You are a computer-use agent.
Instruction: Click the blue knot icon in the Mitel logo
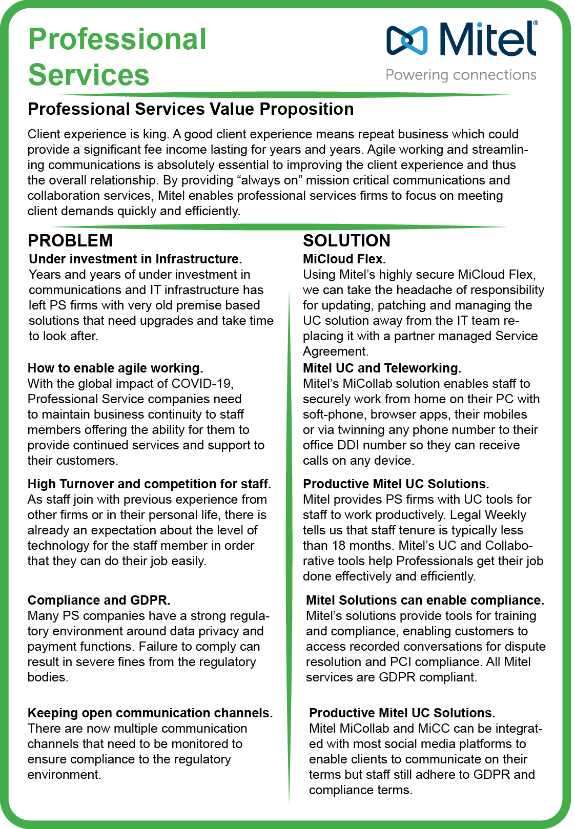(x=407, y=40)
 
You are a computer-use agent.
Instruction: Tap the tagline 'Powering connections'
(x=461, y=75)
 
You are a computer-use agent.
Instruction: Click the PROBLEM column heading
(x=70, y=240)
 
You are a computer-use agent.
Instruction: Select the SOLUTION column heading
(x=346, y=240)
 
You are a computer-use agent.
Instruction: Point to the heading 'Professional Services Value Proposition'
(x=191, y=109)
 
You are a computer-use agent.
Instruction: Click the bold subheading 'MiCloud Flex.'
(x=344, y=259)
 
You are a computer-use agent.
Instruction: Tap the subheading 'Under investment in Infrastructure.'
(x=135, y=259)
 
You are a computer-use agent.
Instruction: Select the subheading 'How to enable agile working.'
(x=115, y=368)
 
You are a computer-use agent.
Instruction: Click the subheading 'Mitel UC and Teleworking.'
(x=382, y=368)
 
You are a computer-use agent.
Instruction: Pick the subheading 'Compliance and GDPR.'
(x=99, y=600)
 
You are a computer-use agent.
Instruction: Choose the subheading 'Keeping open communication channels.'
(x=150, y=713)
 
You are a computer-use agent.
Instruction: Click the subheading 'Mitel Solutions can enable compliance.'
(x=425, y=600)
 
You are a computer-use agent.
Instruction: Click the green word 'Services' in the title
(x=89, y=75)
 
